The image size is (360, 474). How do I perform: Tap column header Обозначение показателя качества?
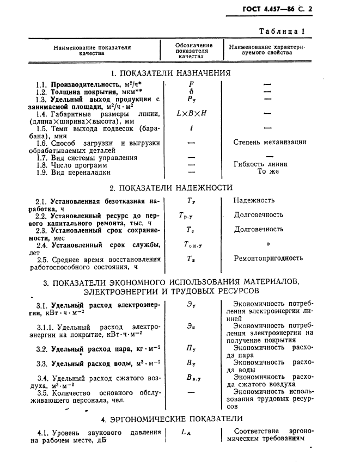click(x=193, y=51)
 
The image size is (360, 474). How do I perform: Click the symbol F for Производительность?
click(x=191, y=85)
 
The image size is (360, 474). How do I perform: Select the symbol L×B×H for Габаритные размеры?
click(x=192, y=114)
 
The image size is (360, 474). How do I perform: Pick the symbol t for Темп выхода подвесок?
click(x=192, y=129)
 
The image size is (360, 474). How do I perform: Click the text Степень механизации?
click(x=270, y=143)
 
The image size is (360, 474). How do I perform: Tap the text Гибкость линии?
click(x=260, y=164)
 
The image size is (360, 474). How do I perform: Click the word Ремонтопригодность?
click(x=268, y=258)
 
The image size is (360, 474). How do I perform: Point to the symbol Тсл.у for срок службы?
click(x=193, y=245)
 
